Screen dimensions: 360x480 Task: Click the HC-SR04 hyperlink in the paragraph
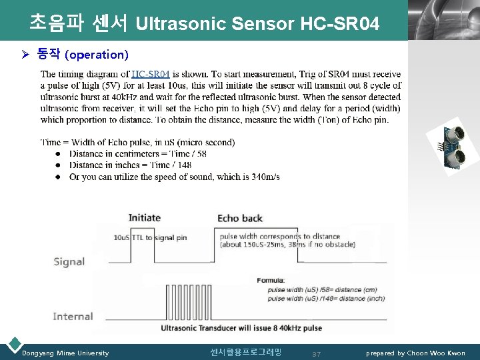coord(151,74)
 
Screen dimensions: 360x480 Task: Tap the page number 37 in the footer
coord(317,354)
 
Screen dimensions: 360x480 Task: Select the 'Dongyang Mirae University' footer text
coord(65,353)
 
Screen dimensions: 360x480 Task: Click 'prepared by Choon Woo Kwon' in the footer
coord(415,353)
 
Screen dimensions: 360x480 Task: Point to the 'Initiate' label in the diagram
coord(145,217)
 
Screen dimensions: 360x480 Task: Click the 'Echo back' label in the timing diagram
coord(240,218)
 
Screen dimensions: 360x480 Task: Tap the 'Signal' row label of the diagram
coord(69,261)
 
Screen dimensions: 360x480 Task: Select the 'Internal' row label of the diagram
coord(73,316)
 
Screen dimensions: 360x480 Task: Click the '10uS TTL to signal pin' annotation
coord(150,237)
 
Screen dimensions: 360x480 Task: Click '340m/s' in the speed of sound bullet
coord(267,177)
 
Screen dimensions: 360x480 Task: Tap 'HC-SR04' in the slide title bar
coord(340,25)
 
